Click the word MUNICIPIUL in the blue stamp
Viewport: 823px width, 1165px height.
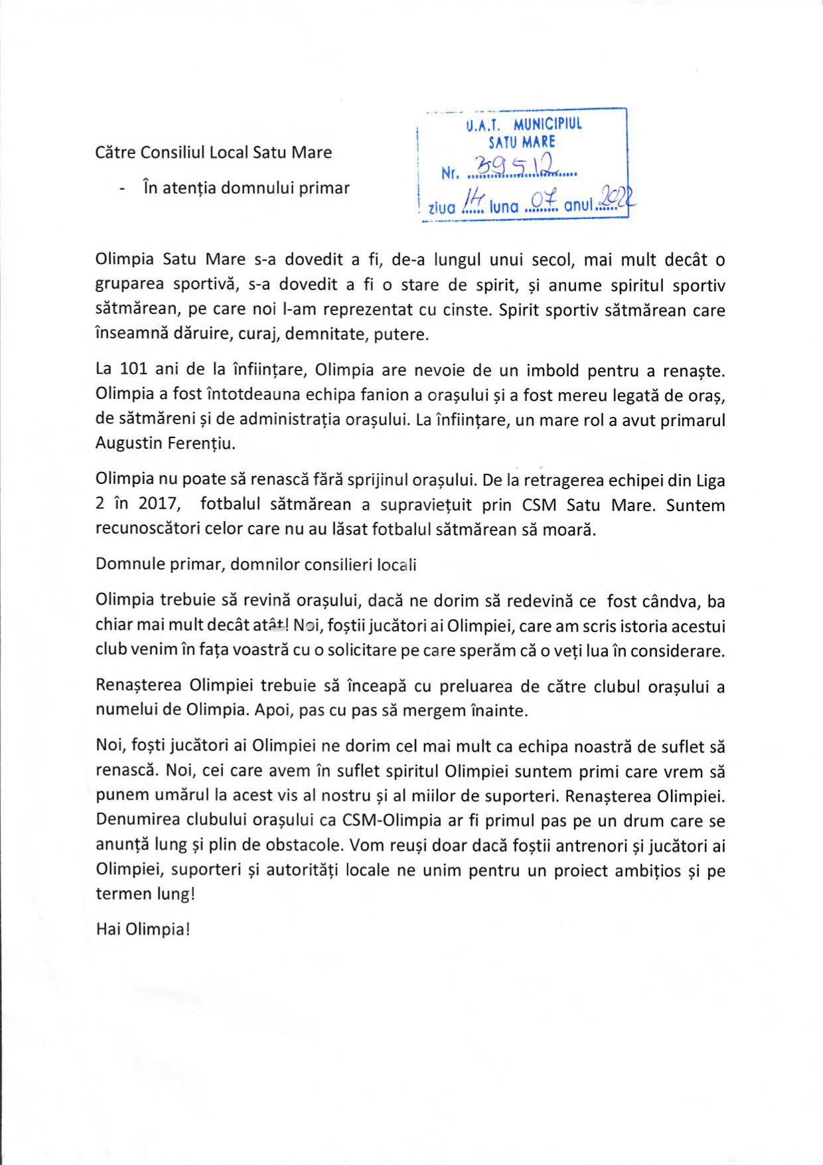click(548, 124)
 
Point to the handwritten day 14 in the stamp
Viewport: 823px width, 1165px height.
click(475, 198)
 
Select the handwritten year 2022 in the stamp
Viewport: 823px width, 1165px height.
click(617, 196)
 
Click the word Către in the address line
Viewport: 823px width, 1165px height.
click(116, 152)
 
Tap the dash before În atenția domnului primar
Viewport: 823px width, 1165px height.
click(122, 189)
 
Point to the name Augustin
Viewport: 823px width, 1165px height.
click(127, 443)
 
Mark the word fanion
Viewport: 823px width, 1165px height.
click(385, 394)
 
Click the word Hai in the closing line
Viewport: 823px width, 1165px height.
click(108, 929)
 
